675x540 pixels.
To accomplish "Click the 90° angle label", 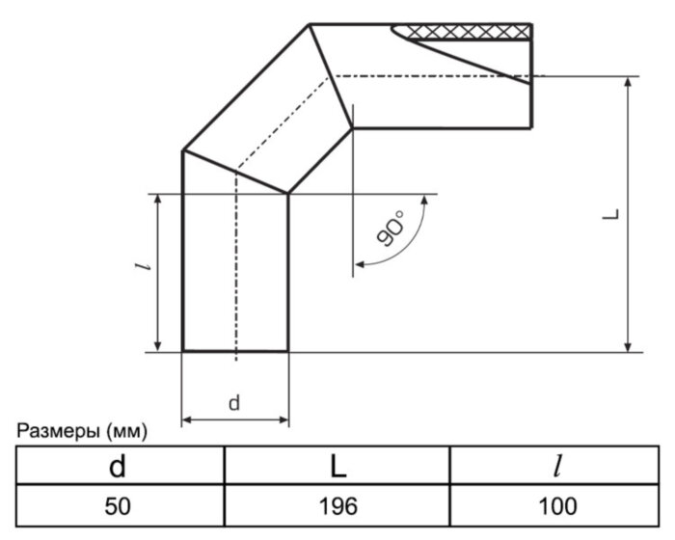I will coord(390,230).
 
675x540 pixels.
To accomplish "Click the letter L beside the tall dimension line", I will coord(610,215).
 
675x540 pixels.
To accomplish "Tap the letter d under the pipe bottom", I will coord(234,404).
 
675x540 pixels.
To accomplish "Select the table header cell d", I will coord(118,467).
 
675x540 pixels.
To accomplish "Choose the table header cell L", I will coord(337,467).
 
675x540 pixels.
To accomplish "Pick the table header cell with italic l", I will coord(557,467).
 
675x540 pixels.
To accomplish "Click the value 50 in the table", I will coord(118,506).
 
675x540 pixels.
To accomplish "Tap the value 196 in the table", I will coord(337,506).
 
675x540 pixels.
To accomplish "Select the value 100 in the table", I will coord(557,506).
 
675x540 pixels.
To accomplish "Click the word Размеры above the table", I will coord(55,431).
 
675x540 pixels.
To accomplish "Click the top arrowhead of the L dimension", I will coord(629,82).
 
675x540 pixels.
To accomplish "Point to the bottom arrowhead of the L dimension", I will coord(629,346).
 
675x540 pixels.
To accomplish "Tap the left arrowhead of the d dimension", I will coord(188,420).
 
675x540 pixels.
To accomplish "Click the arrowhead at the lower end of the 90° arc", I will coord(360,261).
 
